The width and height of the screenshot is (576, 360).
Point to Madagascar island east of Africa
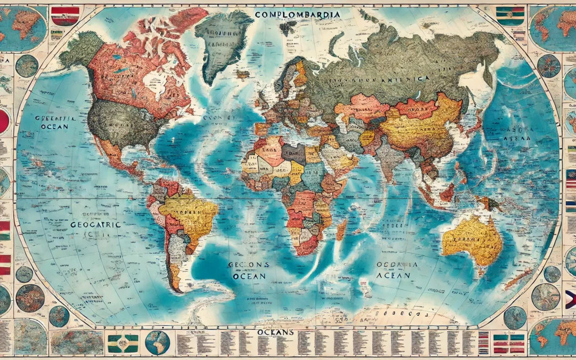(340, 229)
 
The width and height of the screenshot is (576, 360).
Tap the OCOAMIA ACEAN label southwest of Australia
(394, 270)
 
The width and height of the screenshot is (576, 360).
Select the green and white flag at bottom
(123, 342)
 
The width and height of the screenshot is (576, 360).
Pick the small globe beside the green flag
(157, 342)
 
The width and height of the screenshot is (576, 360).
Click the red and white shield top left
(65, 16)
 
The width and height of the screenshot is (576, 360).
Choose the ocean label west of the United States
(53, 122)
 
